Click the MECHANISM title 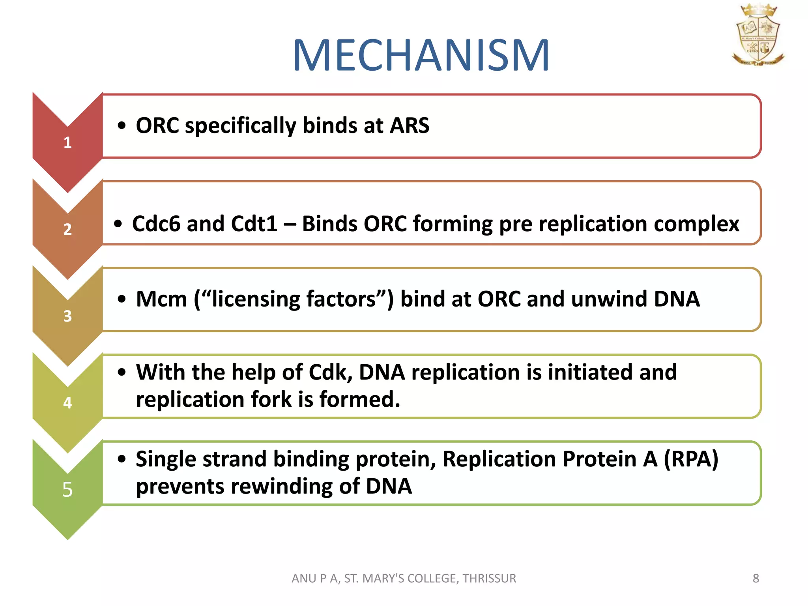421,56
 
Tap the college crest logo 757,35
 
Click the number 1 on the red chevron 67,142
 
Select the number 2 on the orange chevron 67,229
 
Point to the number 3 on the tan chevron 67,316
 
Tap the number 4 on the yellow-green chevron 67,403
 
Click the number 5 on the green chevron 67,490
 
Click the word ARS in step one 409,125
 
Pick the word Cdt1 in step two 254,224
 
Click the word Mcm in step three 161,299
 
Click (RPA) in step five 691,459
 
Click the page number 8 756,578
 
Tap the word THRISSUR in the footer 489,578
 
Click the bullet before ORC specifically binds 122,126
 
